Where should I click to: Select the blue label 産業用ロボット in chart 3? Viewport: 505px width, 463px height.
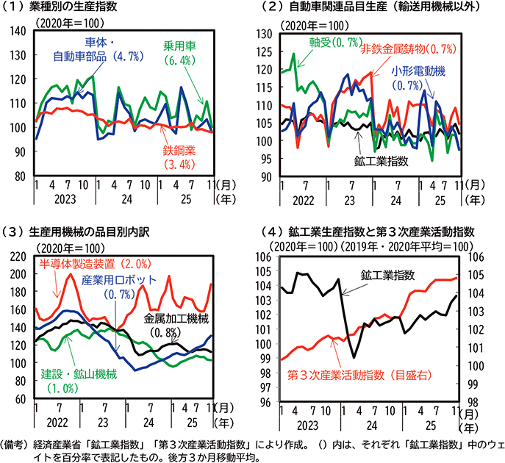[x=119, y=280]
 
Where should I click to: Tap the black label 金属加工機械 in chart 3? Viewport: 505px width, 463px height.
[x=176, y=318]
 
